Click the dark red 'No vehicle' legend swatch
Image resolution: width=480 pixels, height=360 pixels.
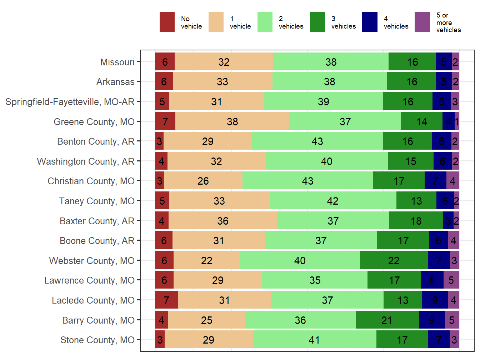pos(167,22)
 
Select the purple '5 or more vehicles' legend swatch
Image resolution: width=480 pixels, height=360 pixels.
pos(422,22)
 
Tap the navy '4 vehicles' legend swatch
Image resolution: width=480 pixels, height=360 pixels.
pos(370,22)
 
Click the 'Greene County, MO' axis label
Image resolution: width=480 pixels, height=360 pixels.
pos(94,122)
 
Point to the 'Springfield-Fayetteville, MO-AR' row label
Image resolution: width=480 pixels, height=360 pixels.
pos(70,102)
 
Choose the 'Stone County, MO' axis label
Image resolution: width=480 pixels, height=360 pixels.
pos(97,340)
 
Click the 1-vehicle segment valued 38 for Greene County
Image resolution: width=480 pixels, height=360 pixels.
pos(232,121)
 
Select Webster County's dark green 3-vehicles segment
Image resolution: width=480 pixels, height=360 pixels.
pos(394,260)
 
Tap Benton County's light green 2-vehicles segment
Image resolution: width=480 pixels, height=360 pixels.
pos(317,141)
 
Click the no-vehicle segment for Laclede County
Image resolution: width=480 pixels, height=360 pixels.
pos(166,300)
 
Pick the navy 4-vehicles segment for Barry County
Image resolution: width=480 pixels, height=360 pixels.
pos(431,320)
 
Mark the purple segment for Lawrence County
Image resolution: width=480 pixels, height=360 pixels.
pos(451,280)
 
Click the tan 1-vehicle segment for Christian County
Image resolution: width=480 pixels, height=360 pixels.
pos(203,181)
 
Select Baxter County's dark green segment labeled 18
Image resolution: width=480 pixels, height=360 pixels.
pos(416,221)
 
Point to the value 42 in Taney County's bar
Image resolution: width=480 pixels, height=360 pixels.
pos(332,201)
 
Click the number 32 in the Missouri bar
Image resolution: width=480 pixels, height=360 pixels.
pos(224,62)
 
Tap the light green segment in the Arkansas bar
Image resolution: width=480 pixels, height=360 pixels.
pos(330,82)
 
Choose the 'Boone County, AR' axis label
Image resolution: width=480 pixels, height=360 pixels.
pos(97,241)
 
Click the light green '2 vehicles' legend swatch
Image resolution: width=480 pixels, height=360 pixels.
pos(265,22)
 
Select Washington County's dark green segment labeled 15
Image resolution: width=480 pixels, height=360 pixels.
pos(410,161)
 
